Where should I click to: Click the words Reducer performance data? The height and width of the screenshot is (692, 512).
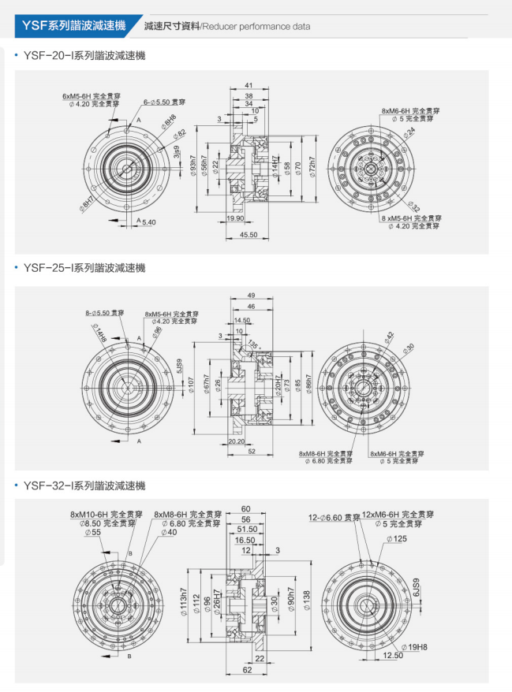coord(256,27)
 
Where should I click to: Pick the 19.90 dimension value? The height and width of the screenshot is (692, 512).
coord(234,218)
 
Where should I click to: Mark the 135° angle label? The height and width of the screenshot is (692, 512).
coord(253,344)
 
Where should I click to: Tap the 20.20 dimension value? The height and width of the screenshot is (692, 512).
coord(235,442)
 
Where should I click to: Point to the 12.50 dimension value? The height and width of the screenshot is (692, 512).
coord(392,655)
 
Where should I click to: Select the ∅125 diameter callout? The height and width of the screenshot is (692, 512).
coord(398,539)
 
